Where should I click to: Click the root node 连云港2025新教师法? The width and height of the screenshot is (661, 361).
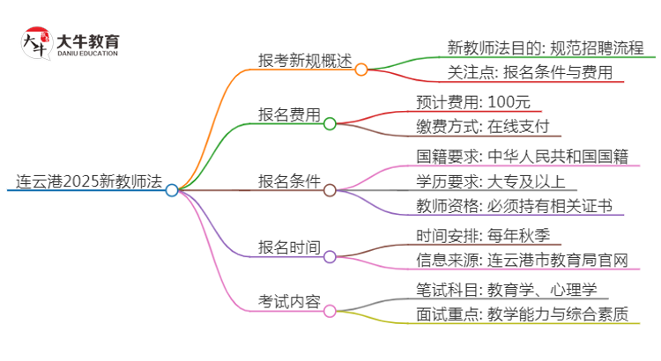click(88, 182)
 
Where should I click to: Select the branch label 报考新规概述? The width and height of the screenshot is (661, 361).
click(304, 62)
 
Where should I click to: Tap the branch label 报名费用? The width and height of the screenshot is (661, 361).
click(289, 115)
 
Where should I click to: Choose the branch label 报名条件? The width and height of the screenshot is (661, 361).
click(289, 182)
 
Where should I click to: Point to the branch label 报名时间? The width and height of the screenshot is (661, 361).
click(289, 248)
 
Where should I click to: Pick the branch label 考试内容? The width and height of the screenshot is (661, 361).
click(289, 302)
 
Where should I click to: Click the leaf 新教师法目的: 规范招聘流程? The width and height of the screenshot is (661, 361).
click(546, 48)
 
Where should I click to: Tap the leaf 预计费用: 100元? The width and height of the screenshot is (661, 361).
click(473, 101)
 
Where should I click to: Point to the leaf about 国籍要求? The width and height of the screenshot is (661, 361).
click(522, 157)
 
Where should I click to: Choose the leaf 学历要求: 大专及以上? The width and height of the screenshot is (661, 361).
click(497, 182)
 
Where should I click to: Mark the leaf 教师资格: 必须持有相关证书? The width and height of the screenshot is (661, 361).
click(514, 208)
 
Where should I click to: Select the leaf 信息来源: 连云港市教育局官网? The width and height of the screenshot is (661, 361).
click(522, 261)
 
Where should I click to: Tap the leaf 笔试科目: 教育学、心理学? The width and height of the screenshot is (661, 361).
click(509, 288)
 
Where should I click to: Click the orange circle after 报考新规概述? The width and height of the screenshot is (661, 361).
click(361, 69)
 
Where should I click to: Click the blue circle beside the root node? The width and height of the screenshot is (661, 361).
click(172, 189)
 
